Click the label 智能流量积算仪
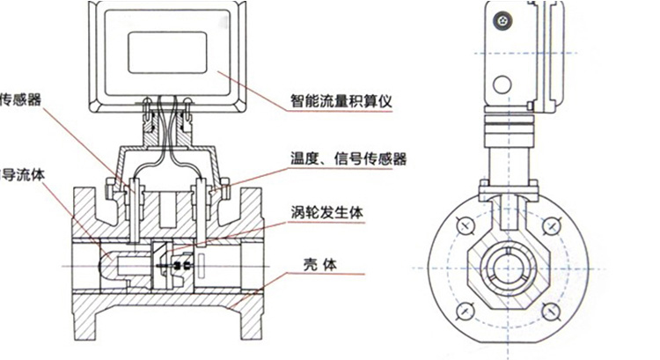pyautogui.click(x=341, y=100)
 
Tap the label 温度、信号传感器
pyautogui.click(x=348, y=159)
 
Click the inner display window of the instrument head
pyautogui.click(x=167, y=51)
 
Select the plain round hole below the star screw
pyautogui.click(x=502, y=84)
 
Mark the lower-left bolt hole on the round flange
pyautogui.click(x=466, y=311)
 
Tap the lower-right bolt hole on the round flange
pyautogui.click(x=552, y=311)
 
